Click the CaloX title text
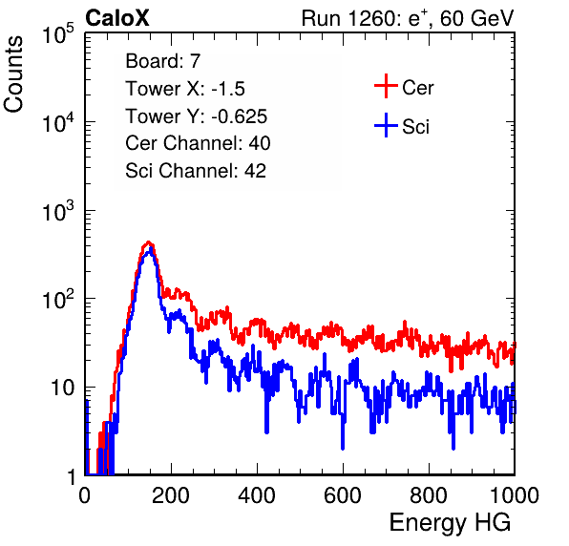coord(116,17)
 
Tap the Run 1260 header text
coord(408,18)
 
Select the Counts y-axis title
coord(13,74)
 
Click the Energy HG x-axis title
coord(450,523)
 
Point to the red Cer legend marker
coord(386,86)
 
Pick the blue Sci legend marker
coord(386,125)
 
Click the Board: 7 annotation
coord(162,61)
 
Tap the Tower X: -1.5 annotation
coord(185,89)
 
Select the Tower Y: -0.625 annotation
coord(197,116)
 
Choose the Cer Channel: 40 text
coord(198,143)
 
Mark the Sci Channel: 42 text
coord(196,171)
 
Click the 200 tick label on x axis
coord(171,495)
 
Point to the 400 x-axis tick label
coord(257,495)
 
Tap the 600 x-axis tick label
coord(343,495)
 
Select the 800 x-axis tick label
coord(429,495)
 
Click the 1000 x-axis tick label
coord(515,495)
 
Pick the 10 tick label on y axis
coord(62,388)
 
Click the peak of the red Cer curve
coord(148,242)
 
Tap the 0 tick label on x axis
coord(84,495)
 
